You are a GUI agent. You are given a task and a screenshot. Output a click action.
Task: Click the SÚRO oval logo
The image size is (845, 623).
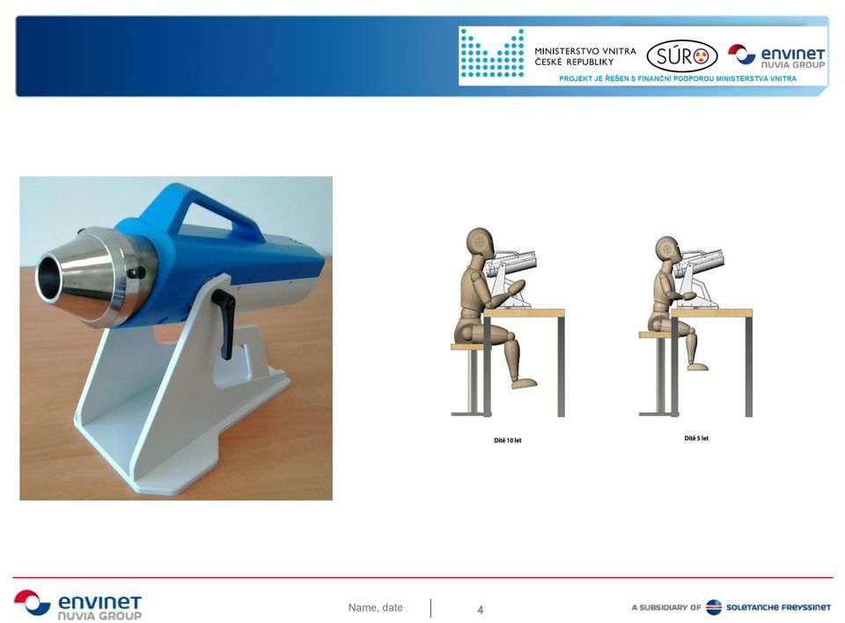point(681,56)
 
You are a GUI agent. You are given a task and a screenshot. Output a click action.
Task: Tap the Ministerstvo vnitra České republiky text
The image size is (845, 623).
point(585,56)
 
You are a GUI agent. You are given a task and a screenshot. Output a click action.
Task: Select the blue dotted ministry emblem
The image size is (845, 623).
point(492,53)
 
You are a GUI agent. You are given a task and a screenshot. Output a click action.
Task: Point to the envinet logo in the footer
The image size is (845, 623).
point(78,604)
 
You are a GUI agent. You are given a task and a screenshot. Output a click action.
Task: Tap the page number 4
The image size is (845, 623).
point(481,610)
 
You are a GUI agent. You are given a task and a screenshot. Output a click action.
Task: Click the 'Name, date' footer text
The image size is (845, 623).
point(376,607)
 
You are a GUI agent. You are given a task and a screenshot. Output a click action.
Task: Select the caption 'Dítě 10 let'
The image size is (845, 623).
point(508,440)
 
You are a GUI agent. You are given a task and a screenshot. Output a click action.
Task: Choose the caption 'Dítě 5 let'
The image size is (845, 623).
point(696,438)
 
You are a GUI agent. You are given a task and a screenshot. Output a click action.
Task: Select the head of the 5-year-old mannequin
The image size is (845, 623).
point(668,249)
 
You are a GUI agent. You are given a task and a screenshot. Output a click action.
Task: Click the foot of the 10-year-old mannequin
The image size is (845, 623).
point(525,383)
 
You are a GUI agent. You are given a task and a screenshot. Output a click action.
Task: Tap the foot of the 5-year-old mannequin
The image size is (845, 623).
point(698,367)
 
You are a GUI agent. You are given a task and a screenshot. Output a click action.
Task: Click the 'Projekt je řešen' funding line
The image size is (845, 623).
point(678,78)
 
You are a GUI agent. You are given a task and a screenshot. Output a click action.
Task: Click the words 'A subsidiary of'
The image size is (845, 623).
point(666,607)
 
